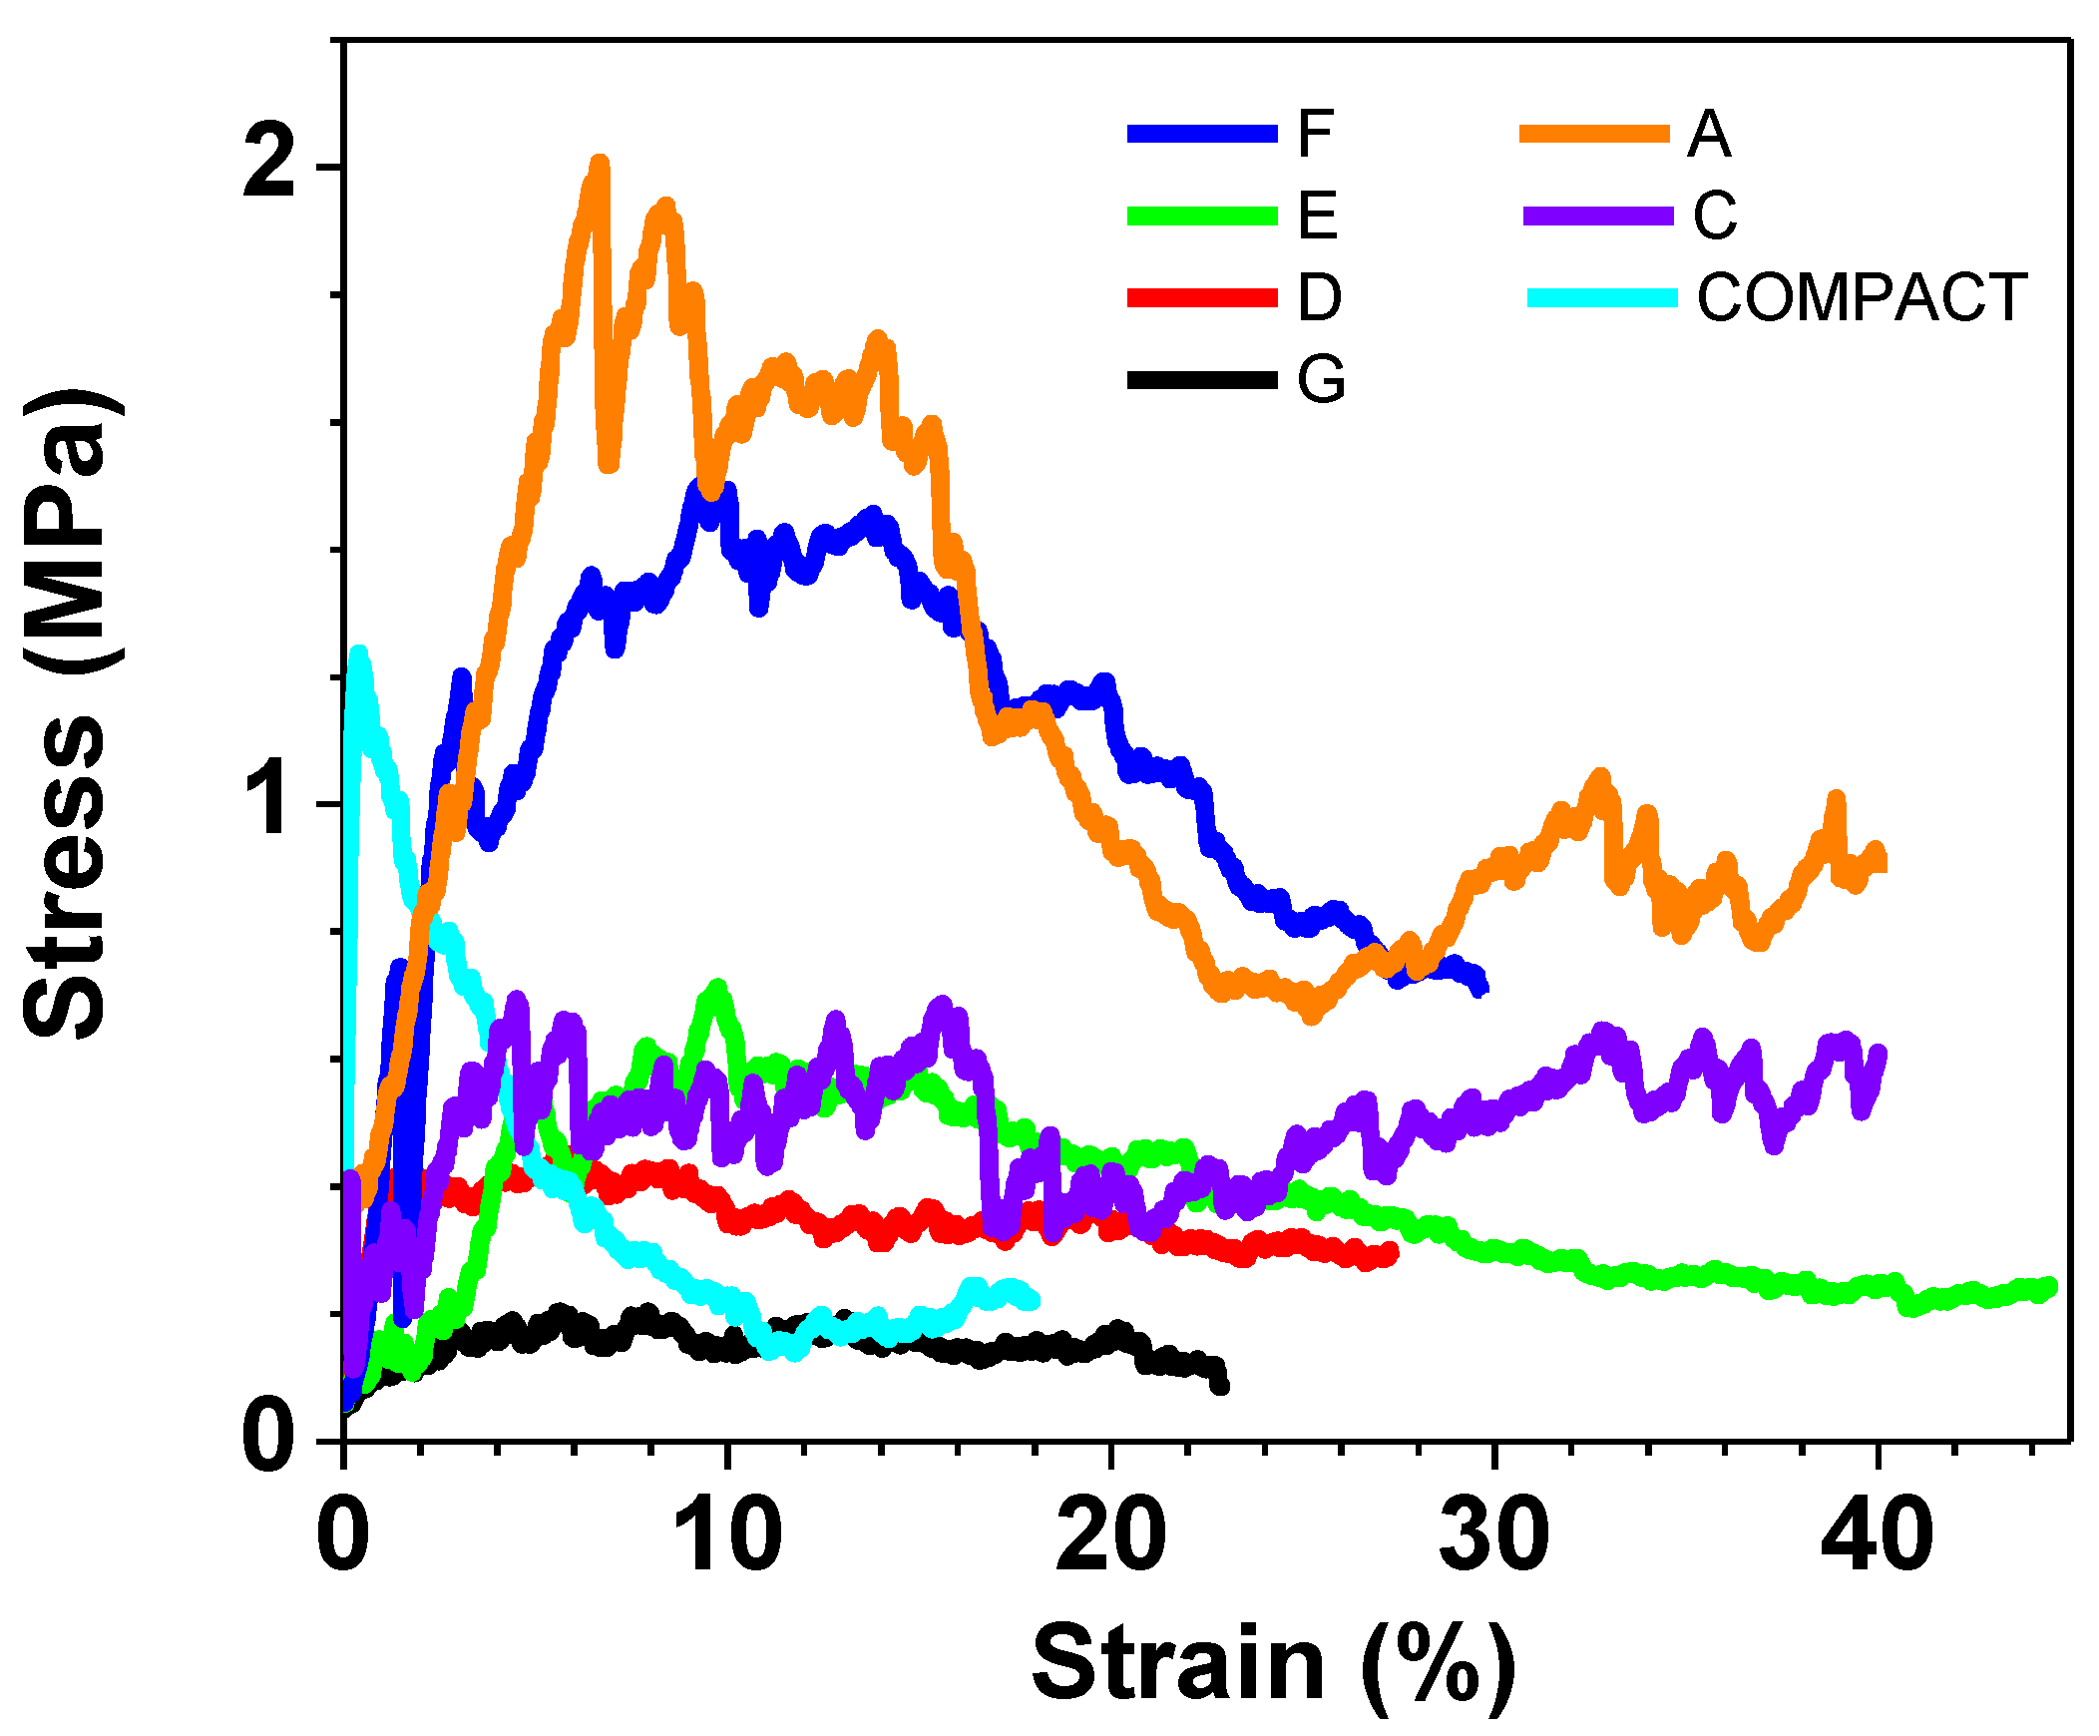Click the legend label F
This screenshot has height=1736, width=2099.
click(x=1315, y=134)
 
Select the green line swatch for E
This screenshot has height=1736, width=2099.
click(x=1201, y=216)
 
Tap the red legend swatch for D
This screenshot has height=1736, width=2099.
click(x=1201, y=298)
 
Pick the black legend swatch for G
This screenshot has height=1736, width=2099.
click(x=1201, y=380)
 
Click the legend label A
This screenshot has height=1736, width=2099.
click(x=1708, y=134)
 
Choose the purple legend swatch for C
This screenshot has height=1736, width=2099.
click(x=1597, y=216)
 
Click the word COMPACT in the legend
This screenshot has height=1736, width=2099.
click(x=1862, y=298)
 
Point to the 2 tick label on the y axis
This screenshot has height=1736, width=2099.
click(x=269, y=166)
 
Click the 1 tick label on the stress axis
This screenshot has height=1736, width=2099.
click(x=272, y=803)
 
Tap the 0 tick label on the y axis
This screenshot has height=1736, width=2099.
click(x=269, y=1439)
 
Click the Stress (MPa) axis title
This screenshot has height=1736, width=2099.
click(x=66, y=714)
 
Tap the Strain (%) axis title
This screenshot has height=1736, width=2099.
click(x=1271, y=1664)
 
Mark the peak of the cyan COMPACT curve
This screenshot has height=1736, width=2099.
click(x=358, y=654)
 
